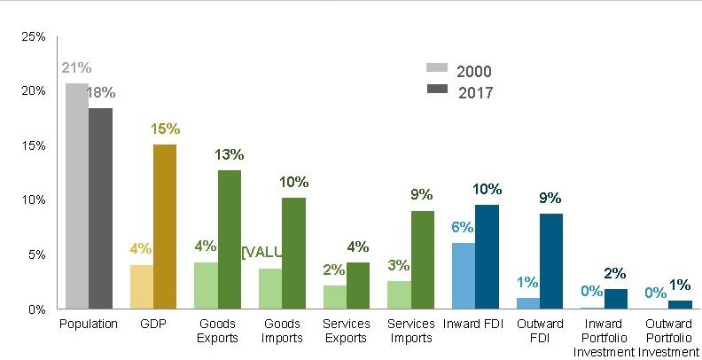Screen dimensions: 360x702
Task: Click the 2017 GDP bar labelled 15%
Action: (165, 226)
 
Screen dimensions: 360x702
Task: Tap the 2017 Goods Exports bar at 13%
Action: (230, 239)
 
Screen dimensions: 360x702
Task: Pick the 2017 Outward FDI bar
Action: (550, 261)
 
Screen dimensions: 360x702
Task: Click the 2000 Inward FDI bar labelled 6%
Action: (464, 276)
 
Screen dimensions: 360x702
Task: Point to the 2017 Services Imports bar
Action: (423, 260)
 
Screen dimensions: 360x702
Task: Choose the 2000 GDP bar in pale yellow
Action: (142, 286)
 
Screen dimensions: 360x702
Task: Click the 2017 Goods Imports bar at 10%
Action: (293, 253)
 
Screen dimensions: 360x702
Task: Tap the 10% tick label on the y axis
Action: (34, 200)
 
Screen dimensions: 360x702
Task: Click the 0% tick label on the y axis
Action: (37, 309)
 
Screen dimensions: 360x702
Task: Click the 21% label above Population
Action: (76, 68)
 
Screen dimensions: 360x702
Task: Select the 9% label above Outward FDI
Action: (550, 199)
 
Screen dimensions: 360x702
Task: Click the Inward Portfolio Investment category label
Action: (603, 337)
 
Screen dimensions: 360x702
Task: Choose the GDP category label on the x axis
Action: (152, 324)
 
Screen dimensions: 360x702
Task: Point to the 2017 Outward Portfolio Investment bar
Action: (679, 304)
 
